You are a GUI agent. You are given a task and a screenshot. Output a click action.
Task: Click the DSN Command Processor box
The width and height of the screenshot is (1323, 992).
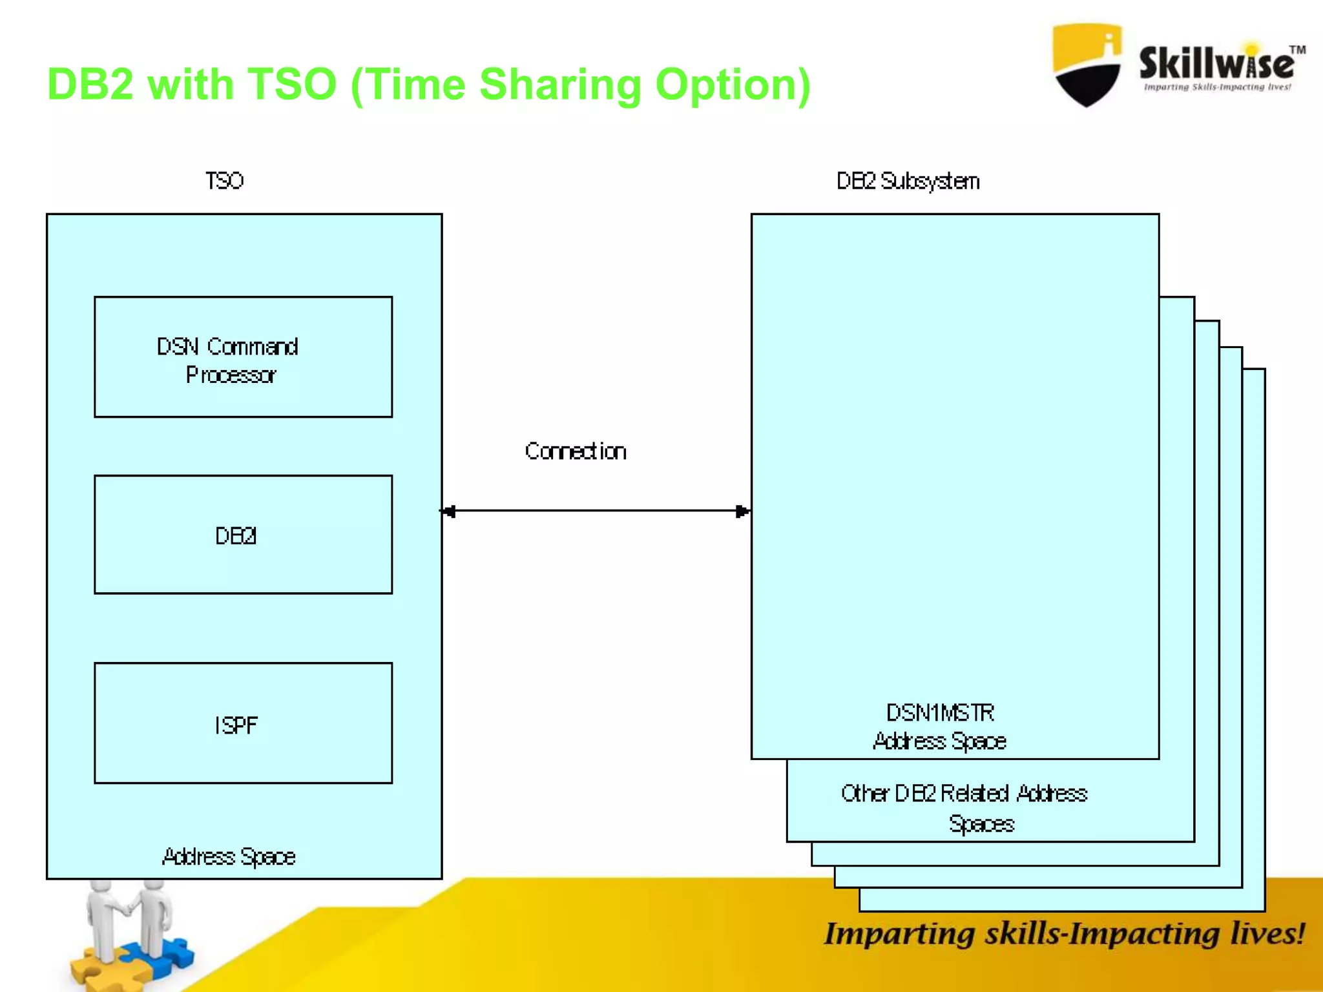(x=243, y=357)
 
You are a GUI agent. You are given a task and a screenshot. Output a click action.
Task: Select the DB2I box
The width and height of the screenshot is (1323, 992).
(x=243, y=535)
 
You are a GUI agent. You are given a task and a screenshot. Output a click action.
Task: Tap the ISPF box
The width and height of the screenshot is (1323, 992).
(x=243, y=723)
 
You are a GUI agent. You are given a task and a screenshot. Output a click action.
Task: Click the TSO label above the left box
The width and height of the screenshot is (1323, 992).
(x=224, y=181)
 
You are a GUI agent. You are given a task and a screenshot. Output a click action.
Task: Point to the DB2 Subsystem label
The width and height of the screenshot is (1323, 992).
(x=908, y=181)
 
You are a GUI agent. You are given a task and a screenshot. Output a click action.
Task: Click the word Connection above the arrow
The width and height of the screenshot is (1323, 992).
(x=575, y=451)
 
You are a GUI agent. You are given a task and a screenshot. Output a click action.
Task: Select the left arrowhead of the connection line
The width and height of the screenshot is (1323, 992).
(x=449, y=512)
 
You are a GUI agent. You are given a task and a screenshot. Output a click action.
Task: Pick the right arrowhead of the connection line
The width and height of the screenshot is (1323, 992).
(x=742, y=512)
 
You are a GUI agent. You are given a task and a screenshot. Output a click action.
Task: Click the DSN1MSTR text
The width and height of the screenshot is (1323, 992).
(x=940, y=713)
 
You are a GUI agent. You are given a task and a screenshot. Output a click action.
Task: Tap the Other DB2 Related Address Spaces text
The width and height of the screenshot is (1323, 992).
(x=964, y=807)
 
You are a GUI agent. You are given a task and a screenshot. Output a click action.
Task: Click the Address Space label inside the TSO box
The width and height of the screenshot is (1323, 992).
(x=229, y=857)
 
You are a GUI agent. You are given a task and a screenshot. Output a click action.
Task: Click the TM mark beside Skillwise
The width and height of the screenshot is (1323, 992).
(x=1297, y=50)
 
